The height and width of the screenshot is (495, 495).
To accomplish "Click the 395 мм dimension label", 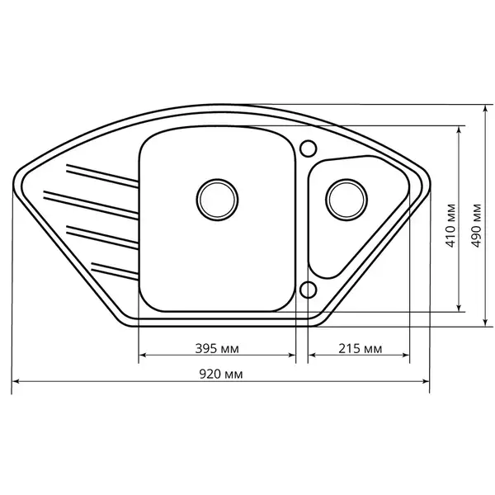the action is [217, 348].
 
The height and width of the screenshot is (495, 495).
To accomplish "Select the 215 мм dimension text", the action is [361, 348].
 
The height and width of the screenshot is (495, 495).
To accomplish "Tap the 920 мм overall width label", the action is [221, 374].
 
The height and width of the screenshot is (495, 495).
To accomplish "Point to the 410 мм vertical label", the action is [450, 225].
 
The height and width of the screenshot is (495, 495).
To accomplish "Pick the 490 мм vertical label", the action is [476, 225].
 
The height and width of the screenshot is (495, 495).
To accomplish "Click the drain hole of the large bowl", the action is [217, 200].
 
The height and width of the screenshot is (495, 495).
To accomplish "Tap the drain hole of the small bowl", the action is [346, 200].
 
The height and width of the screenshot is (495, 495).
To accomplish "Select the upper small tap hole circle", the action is [308, 148].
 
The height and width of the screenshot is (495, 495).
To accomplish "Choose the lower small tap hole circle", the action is [308, 290].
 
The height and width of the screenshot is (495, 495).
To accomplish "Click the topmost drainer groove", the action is [102, 176].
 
